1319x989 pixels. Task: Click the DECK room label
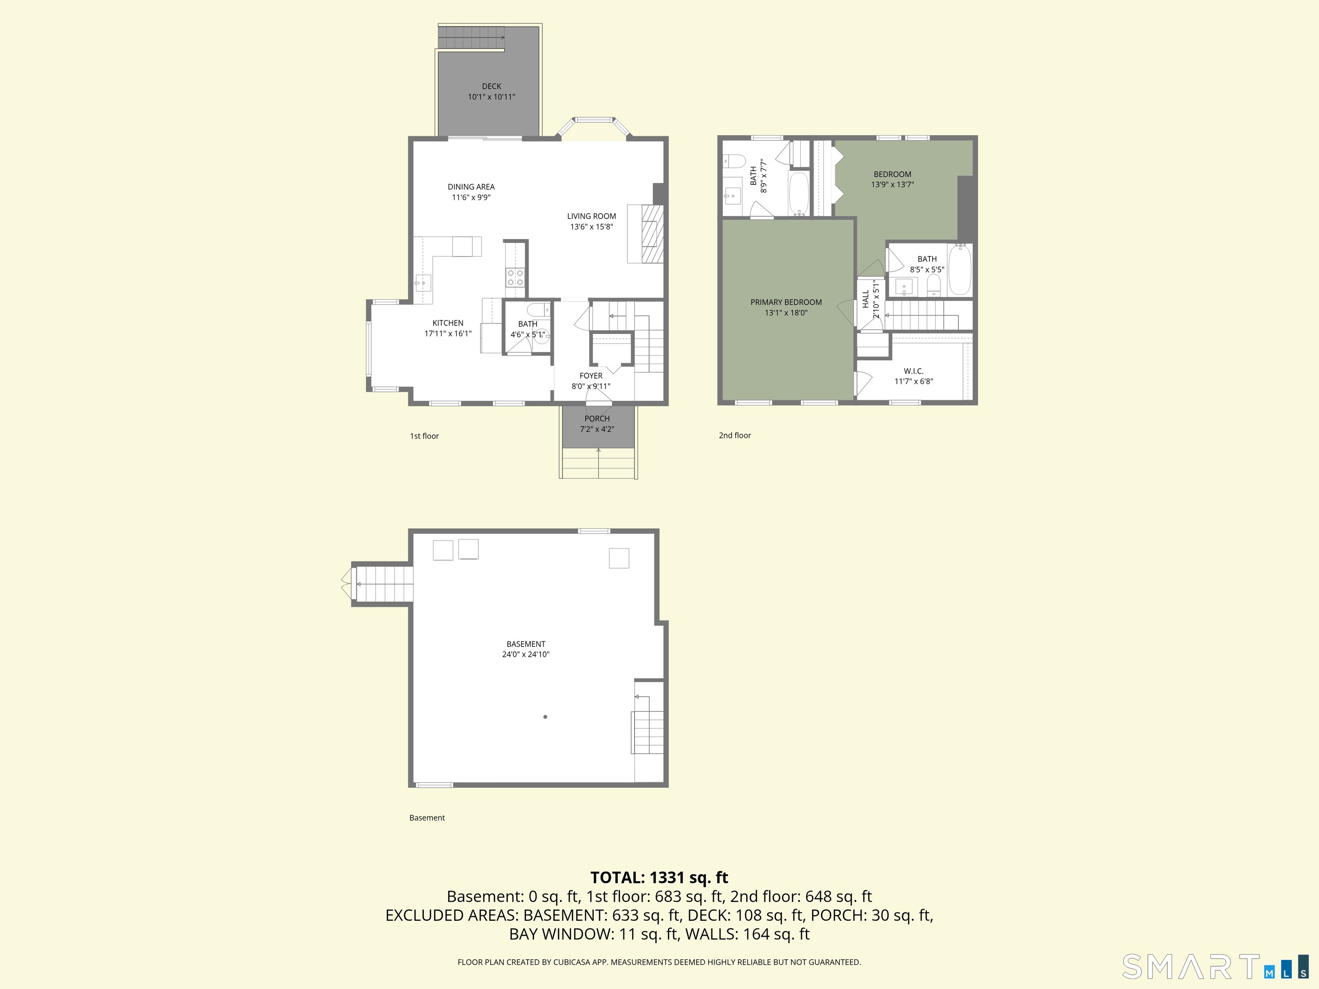[491, 86]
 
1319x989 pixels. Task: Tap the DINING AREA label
[471, 187]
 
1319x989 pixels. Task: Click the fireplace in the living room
[646, 234]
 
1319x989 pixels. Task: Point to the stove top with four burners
[515, 278]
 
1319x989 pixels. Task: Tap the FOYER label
[591, 376]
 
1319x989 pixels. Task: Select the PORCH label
[597, 419]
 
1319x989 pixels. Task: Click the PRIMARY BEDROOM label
[786, 302]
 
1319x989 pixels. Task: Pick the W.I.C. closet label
[914, 371]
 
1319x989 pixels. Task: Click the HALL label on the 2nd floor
[866, 299]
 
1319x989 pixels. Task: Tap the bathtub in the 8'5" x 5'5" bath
[960, 270]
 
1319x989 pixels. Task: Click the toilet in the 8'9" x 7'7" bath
[735, 161]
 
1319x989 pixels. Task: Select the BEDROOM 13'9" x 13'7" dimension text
[892, 184]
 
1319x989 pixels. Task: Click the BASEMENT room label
[526, 644]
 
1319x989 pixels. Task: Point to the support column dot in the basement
[545, 716]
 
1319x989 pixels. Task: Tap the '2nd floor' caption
[735, 435]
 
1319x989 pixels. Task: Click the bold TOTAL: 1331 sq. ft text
[659, 877]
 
